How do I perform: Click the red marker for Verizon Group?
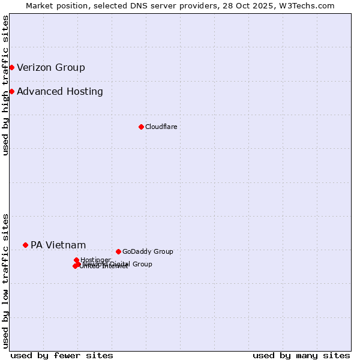11,67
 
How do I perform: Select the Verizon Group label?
51,67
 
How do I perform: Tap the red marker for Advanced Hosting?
11,91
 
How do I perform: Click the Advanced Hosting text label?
60,92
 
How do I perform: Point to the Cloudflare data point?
141,127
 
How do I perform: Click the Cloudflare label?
161,127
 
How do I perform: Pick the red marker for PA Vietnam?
25,245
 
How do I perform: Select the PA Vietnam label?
58,245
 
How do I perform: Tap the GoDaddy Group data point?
118,251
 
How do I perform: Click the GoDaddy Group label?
148,251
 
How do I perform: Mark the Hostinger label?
95,260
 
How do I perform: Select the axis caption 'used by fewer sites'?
62,355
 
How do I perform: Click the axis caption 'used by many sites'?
301,355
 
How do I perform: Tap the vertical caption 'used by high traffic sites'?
6,85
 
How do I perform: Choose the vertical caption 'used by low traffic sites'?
6,281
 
